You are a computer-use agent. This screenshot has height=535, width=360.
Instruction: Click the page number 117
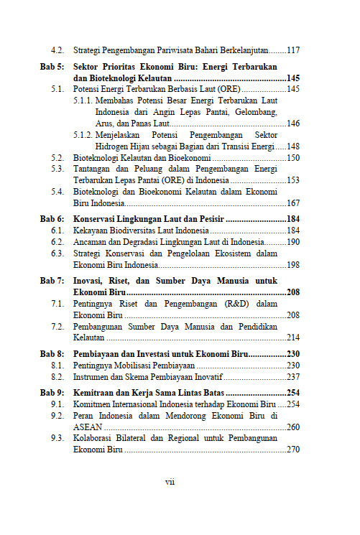tap(293, 51)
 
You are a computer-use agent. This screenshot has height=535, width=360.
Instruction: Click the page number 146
tap(293, 124)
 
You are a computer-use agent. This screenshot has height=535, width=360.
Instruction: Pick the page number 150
tap(293, 157)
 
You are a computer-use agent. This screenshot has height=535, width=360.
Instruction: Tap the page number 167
tap(293, 203)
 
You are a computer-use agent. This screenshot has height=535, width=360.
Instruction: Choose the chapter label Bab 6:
tap(52, 218)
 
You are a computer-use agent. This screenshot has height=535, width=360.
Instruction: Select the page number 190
tap(293, 242)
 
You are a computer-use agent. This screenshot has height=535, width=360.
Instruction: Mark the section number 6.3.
tap(57, 253)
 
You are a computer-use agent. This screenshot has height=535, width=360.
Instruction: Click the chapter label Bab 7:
tap(52, 281)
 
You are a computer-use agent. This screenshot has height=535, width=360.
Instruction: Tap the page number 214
tap(293, 338)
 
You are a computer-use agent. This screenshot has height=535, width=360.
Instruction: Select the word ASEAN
tap(88, 427)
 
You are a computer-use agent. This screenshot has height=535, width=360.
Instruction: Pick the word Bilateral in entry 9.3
tap(144, 438)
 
